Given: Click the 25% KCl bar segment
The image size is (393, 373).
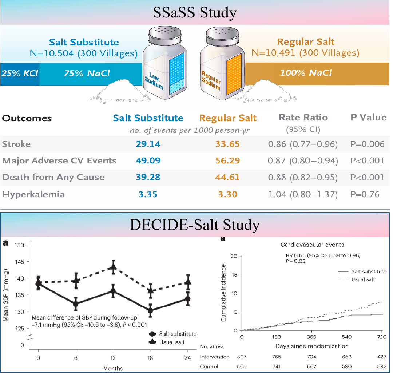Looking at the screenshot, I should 19,73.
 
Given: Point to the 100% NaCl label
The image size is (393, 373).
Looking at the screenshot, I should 306,73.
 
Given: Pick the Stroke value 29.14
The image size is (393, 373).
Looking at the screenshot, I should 148,144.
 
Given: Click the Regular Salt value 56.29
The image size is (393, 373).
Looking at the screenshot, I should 227,161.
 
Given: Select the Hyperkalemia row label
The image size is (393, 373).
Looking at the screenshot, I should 33,194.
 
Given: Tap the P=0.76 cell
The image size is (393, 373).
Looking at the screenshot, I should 367,194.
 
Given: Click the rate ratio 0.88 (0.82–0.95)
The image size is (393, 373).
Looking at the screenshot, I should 303,178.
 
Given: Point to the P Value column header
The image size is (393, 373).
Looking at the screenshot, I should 368,118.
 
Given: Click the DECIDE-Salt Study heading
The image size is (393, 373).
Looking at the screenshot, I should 195,225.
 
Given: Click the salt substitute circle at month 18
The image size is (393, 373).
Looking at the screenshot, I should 151,311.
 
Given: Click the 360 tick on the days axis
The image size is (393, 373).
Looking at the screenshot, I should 312,337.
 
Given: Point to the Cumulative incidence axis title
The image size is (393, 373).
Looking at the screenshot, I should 224,293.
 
